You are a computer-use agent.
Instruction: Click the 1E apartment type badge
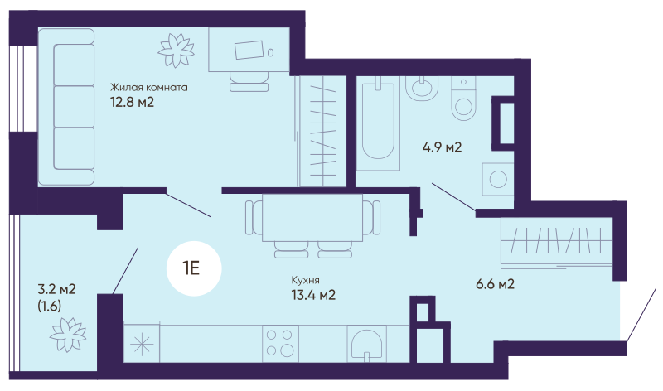tap(194, 268)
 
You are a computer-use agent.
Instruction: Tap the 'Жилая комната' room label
tap(149, 88)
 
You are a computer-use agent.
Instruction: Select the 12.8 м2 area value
tap(132, 102)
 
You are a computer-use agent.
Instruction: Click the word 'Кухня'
tap(305, 280)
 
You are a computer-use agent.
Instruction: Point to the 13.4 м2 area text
tap(313, 295)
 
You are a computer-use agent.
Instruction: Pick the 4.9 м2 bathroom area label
tap(442, 147)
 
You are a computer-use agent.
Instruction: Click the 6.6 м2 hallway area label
tap(495, 283)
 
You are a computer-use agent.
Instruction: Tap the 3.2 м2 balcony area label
tap(56, 290)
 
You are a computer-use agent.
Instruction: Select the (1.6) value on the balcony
tap(50, 306)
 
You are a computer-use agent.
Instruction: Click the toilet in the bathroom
tap(463, 99)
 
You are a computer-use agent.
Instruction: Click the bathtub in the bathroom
tap(379, 123)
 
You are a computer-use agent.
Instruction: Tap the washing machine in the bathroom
tap(498, 179)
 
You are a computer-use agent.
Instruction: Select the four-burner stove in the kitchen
tap(280, 343)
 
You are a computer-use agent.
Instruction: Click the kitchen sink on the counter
tap(365, 344)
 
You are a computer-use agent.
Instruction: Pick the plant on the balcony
tap(68, 335)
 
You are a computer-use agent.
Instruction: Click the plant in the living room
tap(176, 51)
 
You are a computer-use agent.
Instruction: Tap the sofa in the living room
tap(73, 107)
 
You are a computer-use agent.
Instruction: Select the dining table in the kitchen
tap(312, 217)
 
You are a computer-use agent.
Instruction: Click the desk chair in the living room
tap(249, 81)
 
